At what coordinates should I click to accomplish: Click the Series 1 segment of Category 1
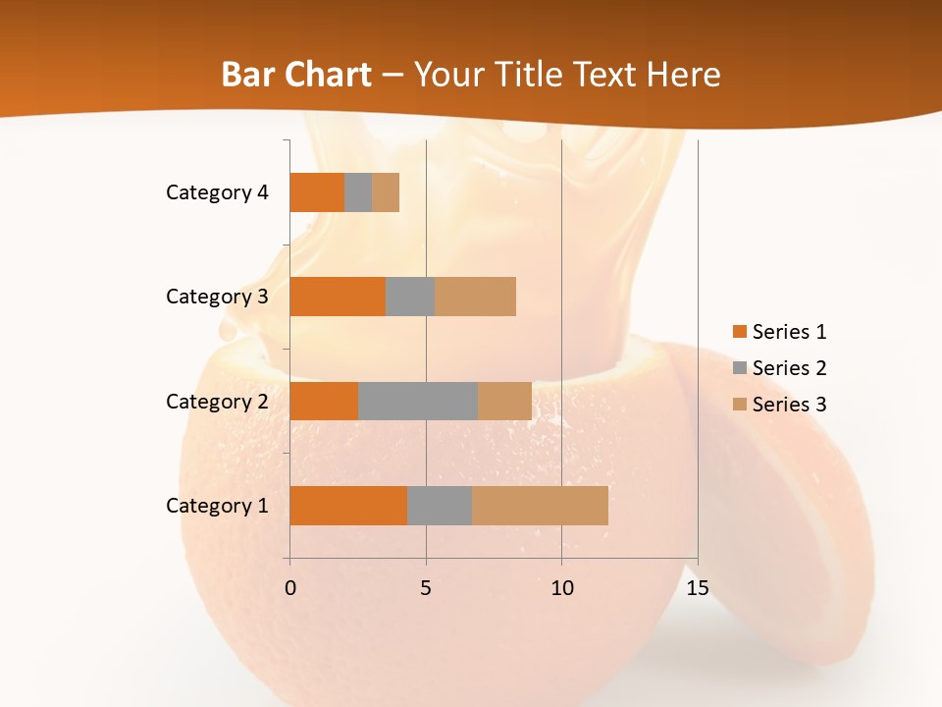pyautogui.click(x=347, y=506)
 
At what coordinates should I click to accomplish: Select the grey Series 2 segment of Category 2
pyautogui.click(x=417, y=401)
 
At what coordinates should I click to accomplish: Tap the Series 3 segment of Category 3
pyautogui.click(x=475, y=297)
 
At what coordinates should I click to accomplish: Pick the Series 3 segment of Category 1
pyautogui.click(x=540, y=506)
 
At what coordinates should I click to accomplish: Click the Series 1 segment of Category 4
pyautogui.click(x=316, y=192)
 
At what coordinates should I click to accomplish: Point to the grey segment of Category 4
pyautogui.click(x=358, y=192)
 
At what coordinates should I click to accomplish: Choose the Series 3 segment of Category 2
pyautogui.click(x=504, y=401)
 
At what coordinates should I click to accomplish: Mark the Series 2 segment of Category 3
pyautogui.click(x=410, y=297)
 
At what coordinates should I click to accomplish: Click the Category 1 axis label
pyautogui.click(x=217, y=506)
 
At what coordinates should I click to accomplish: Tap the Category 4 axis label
pyautogui.click(x=217, y=192)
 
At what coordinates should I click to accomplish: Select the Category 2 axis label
pyautogui.click(x=217, y=401)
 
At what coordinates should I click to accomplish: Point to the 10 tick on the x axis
pyautogui.click(x=561, y=588)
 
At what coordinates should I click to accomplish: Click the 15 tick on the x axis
pyautogui.click(x=697, y=588)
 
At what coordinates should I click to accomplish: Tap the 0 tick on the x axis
pyautogui.click(x=289, y=588)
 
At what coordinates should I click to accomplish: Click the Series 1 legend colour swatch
pyautogui.click(x=739, y=332)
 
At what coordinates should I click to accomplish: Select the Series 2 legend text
pyautogui.click(x=789, y=368)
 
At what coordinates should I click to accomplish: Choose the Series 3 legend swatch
pyautogui.click(x=739, y=405)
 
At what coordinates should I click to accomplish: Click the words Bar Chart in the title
pyautogui.click(x=296, y=75)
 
